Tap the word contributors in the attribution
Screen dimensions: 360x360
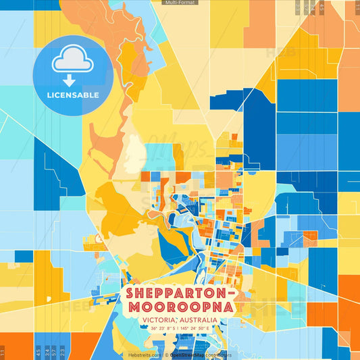(226, 355)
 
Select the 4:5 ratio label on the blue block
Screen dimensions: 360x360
(37, 351)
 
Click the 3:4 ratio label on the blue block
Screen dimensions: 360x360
(45, 351)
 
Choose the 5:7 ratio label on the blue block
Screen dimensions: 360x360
(53, 351)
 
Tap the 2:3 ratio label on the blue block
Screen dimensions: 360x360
(61, 351)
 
